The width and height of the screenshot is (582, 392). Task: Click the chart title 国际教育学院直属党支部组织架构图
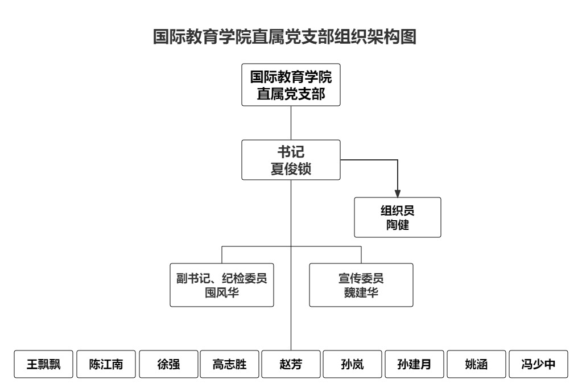284,37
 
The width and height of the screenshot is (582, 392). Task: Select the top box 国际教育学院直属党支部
291,85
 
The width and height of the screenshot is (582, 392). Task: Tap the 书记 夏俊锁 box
291,160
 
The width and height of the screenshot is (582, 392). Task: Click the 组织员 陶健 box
398,217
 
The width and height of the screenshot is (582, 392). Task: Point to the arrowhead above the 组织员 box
398,193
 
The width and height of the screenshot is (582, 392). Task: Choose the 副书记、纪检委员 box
222,285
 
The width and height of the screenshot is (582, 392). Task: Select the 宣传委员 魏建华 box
361,285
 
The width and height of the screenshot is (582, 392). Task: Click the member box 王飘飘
43,364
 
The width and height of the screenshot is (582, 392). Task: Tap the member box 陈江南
106,364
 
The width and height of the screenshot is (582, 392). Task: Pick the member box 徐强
168,364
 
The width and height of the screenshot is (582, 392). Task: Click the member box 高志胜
229,364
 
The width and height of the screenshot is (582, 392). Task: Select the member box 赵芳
291,364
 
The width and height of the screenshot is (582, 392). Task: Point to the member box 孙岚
353,364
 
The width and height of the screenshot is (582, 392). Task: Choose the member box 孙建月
414,364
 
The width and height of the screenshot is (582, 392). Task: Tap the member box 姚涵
476,364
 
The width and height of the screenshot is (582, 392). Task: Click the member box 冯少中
538,364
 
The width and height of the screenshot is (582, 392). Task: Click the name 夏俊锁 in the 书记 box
291,169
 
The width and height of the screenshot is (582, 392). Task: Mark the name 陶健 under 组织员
398,225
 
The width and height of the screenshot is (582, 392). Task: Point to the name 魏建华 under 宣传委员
361,292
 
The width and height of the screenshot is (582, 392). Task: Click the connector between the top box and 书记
291,123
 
